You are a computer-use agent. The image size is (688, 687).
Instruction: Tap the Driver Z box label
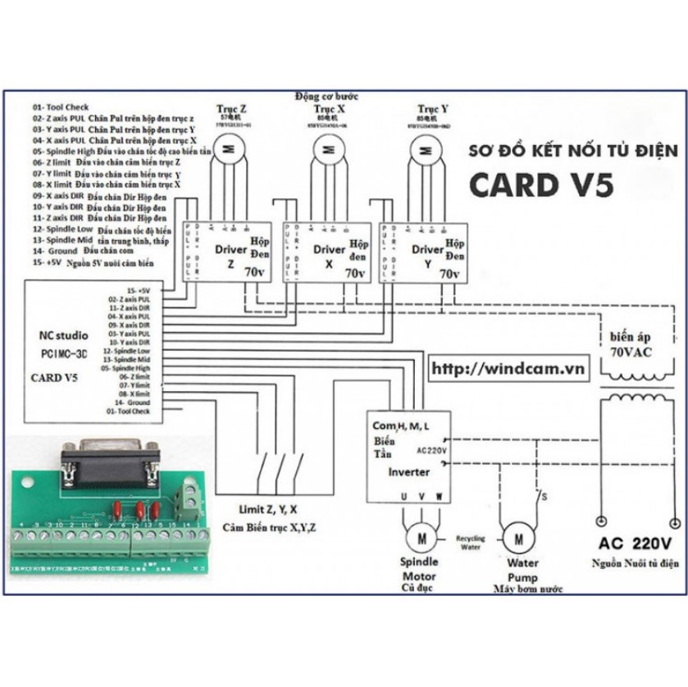(x=230, y=256)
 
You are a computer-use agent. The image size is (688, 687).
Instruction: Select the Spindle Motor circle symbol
(x=421, y=539)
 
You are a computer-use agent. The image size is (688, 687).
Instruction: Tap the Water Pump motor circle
(x=518, y=539)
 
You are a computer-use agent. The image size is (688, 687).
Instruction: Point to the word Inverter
(x=408, y=472)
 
